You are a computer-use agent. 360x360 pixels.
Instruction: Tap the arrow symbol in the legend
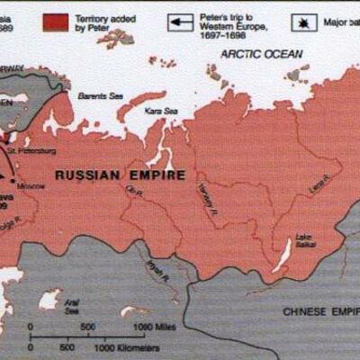pyautogui.click(x=183, y=22)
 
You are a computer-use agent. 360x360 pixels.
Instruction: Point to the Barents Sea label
pyautogui.click(x=95, y=94)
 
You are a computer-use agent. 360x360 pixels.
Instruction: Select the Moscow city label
pyautogui.click(x=31, y=185)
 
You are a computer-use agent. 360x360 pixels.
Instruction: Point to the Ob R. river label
pyautogui.click(x=136, y=191)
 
